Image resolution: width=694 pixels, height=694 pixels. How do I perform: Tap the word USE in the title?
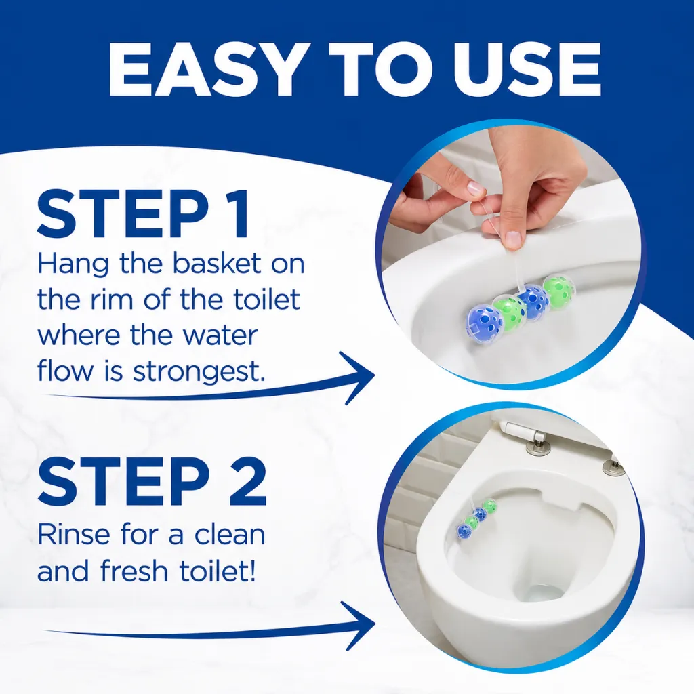(523, 70)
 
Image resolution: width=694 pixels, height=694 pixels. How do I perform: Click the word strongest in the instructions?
(199, 371)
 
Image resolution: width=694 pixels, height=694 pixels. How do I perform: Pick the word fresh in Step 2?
(135, 571)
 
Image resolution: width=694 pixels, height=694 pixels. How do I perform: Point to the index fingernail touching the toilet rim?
(512, 239)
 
